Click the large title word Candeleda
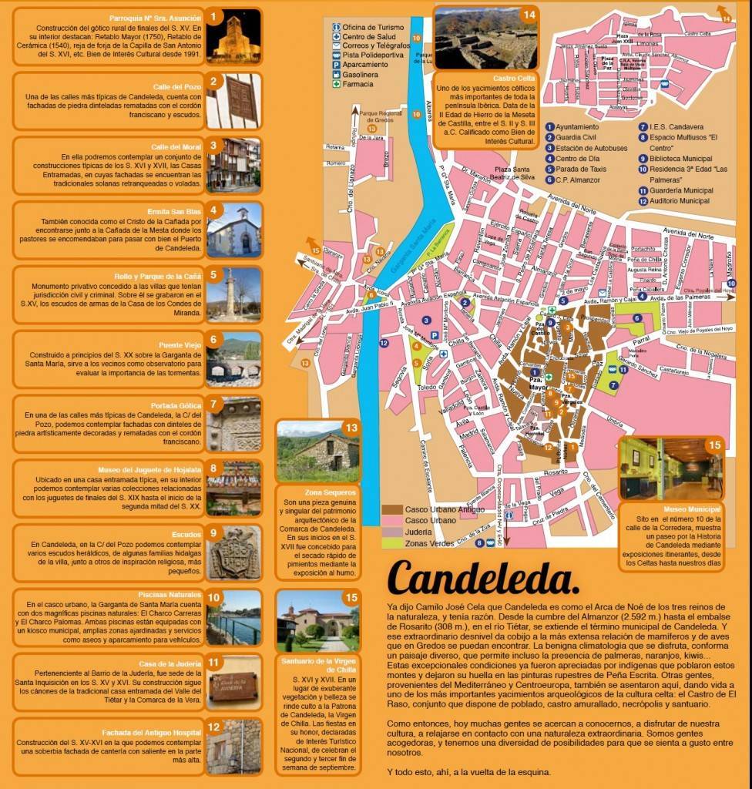click(483, 577)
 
